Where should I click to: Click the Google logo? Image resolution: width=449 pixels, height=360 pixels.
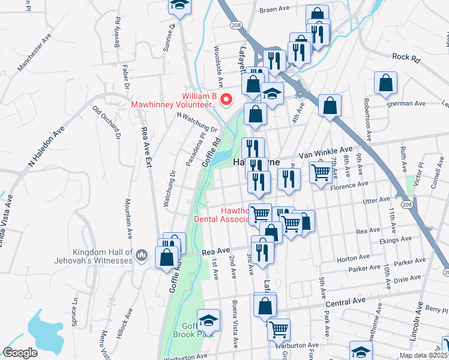click(x=20, y=353)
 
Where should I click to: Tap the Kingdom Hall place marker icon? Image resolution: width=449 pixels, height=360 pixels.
click(x=142, y=256)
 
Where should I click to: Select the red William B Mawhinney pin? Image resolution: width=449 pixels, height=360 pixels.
click(x=226, y=100)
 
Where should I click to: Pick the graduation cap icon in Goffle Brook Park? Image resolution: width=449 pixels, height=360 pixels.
click(x=208, y=321)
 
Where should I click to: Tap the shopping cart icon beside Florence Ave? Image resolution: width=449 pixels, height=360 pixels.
click(x=321, y=172)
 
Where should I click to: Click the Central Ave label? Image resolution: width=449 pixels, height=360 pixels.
click(x=345, y=301)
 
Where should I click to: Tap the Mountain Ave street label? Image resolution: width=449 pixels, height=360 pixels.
click(x=128, y=219)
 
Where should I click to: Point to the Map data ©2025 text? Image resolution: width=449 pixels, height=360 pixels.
click(x=423, y=355)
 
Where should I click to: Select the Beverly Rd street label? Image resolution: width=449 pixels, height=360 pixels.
click(x=117, y=30)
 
